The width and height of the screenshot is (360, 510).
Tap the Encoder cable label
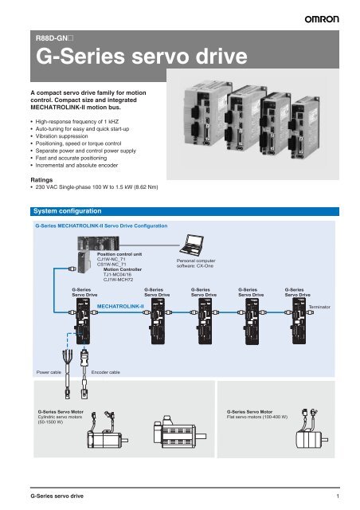107,371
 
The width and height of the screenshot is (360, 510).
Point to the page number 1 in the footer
338,496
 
